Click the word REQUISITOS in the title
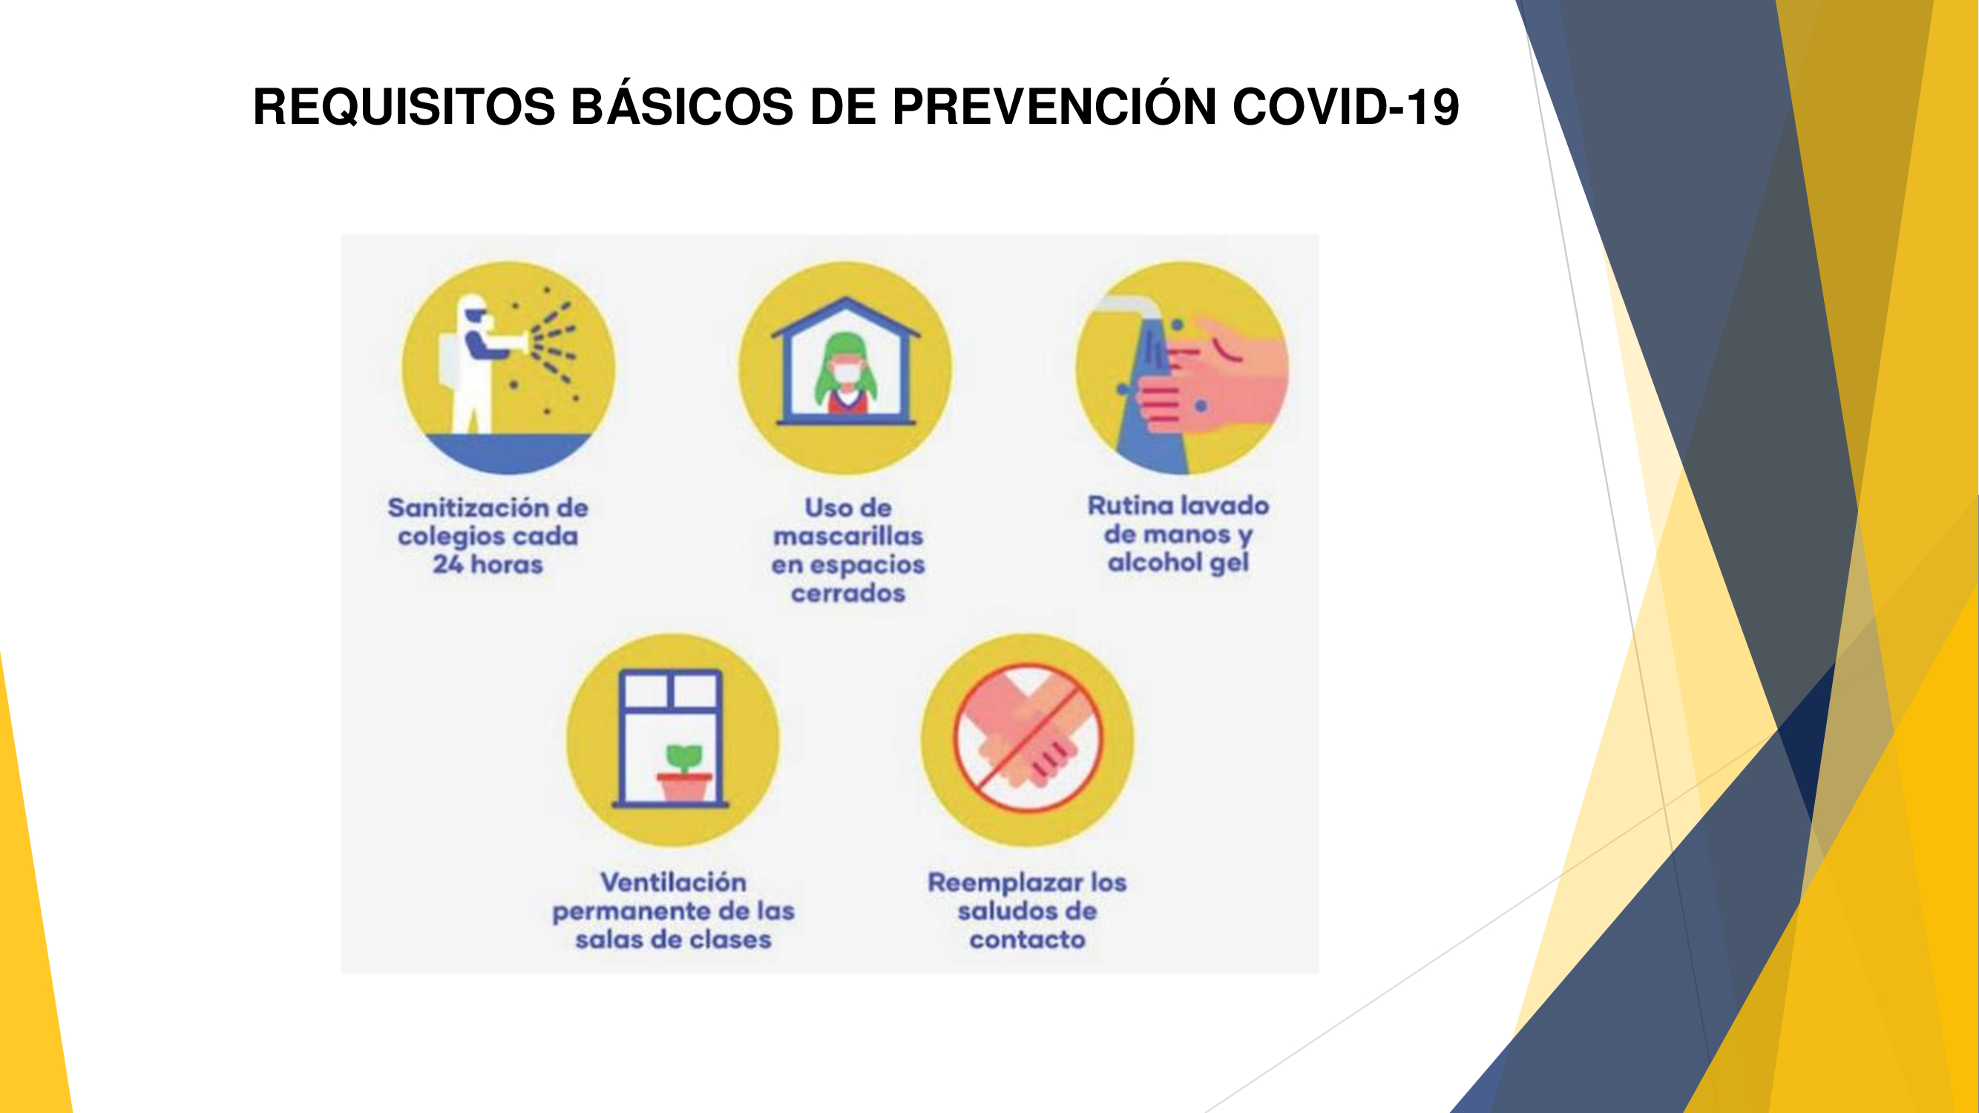(x=404, y=106)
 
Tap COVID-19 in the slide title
(x=1345, y=106)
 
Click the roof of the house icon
(x=846, y=317)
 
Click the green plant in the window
(x=683, y=758)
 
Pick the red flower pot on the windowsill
(x=683, y=787)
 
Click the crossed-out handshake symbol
(x=1028, y=738)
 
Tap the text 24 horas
(x=488, y=565)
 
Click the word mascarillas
(x=847, y=536)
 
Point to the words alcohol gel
(x=1178, y=563)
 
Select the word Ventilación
(x=673, y=881)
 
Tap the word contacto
(x=1027, y=939)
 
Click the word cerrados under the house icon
(x=848, y=593)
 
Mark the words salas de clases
(x=673, y=939)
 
